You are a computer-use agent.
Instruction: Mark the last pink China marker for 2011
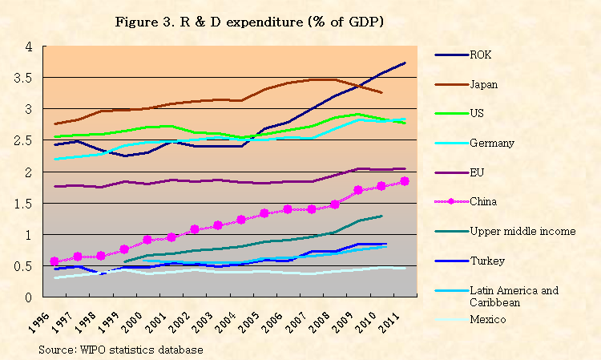(405, 181)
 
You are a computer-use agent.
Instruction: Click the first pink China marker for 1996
(55, 261)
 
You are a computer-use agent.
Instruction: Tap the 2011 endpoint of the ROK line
(405, 63)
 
